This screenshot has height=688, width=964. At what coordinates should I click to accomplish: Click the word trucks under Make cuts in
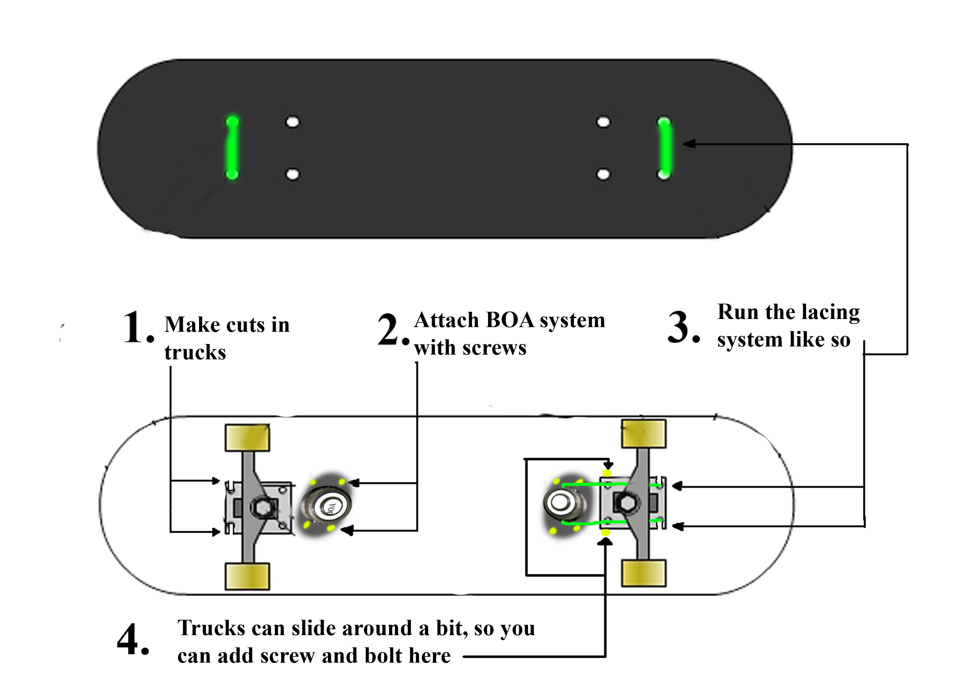click(195, 352)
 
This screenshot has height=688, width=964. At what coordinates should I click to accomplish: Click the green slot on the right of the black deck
click(664, 148)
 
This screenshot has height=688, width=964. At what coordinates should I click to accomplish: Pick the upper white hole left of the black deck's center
click(293, 122)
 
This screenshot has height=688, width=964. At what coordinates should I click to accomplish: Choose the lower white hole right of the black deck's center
click(603, 174)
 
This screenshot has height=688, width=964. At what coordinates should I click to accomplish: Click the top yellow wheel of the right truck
click(644, 433)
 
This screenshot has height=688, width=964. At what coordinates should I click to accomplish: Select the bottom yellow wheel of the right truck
click(644, 573)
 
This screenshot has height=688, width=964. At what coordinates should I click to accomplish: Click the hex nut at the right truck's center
click(626, 503)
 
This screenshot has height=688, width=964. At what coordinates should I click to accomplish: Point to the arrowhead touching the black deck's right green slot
click(689, 144)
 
